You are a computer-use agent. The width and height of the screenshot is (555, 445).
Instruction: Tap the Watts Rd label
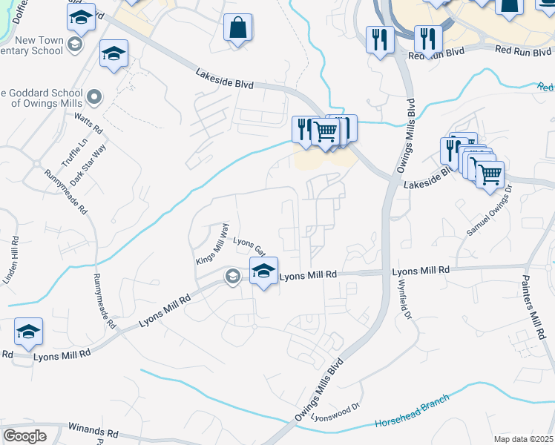pos(88,121)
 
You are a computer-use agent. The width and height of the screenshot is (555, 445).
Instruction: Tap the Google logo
pos(24,435)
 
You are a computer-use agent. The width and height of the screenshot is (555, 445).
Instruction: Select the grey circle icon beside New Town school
pos(74,44)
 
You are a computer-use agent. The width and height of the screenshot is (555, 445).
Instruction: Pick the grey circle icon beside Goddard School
pos(94,97)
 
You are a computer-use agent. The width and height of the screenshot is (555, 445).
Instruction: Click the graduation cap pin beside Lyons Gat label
pos(263,271)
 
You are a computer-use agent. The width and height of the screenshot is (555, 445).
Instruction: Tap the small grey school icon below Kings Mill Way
pos(233,277)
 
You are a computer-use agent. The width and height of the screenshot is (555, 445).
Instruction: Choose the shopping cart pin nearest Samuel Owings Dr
pos(489,175)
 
